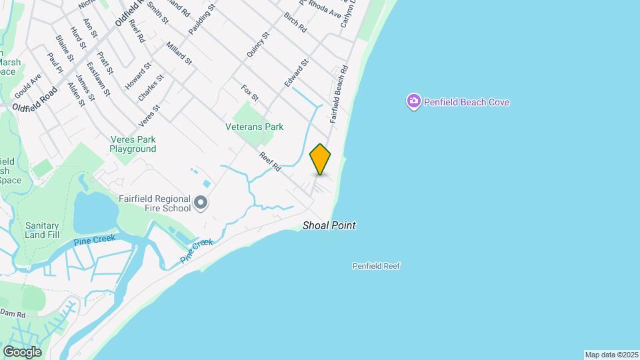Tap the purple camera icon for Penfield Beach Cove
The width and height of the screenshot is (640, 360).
(413, 102)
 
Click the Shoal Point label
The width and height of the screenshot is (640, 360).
(329, 225)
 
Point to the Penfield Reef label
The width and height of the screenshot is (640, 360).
(376, 266)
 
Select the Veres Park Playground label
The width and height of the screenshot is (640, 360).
(133, 144)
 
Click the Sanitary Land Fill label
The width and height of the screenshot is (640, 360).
(43, 230)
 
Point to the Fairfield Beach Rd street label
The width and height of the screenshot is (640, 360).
(339, 94)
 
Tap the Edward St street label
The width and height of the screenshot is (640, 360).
(296, 73)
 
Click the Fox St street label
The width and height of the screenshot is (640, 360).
(249, 93)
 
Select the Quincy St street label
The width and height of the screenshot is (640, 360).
(257, 44)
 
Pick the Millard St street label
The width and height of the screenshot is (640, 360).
(179, 53)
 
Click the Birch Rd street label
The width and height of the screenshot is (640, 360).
(294, 23)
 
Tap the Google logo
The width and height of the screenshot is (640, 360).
(22, 351)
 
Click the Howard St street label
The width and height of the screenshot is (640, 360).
(138, 77)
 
